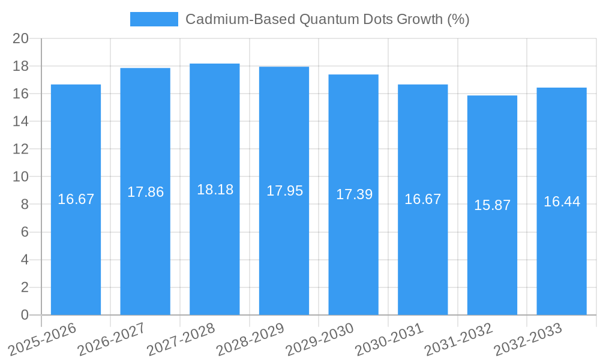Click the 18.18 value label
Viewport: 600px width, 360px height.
click(x=215, y=190)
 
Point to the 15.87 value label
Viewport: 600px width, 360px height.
click(x=492, y=205)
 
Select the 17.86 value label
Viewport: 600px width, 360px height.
click(x=145, y=192)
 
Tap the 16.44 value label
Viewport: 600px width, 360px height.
click(x=562, y=202)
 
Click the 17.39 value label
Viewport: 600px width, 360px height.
click(x=353, y=194)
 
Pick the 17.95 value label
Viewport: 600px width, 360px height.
click(x=284, y=191)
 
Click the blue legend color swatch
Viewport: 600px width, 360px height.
click(x=154, y=19)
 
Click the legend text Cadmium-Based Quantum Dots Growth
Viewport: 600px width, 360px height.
click(x=327, y=19)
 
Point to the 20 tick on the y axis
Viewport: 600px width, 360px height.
click(x=21, y=38)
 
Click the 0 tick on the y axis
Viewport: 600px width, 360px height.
click(x=25, y=315)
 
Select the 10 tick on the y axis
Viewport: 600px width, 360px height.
click(x=21, y=177)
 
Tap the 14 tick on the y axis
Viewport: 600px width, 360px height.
click(x=21, y=121)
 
